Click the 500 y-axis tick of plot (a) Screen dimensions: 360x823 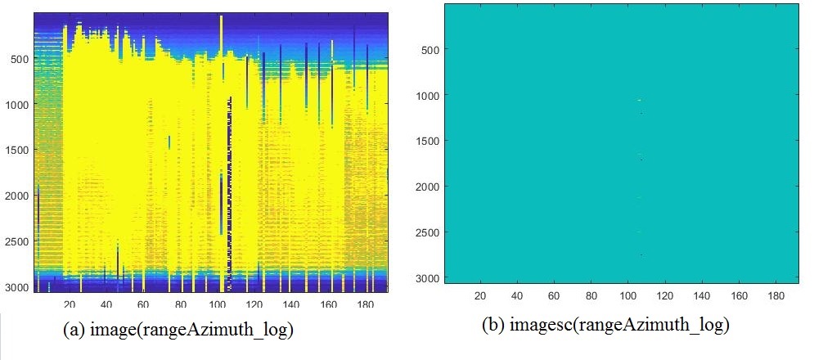[17, 59]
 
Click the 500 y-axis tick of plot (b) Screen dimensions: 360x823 [430, 50]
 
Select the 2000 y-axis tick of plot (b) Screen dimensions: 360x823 [428, 187]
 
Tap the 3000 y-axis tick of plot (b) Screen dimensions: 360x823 [428, 278]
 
